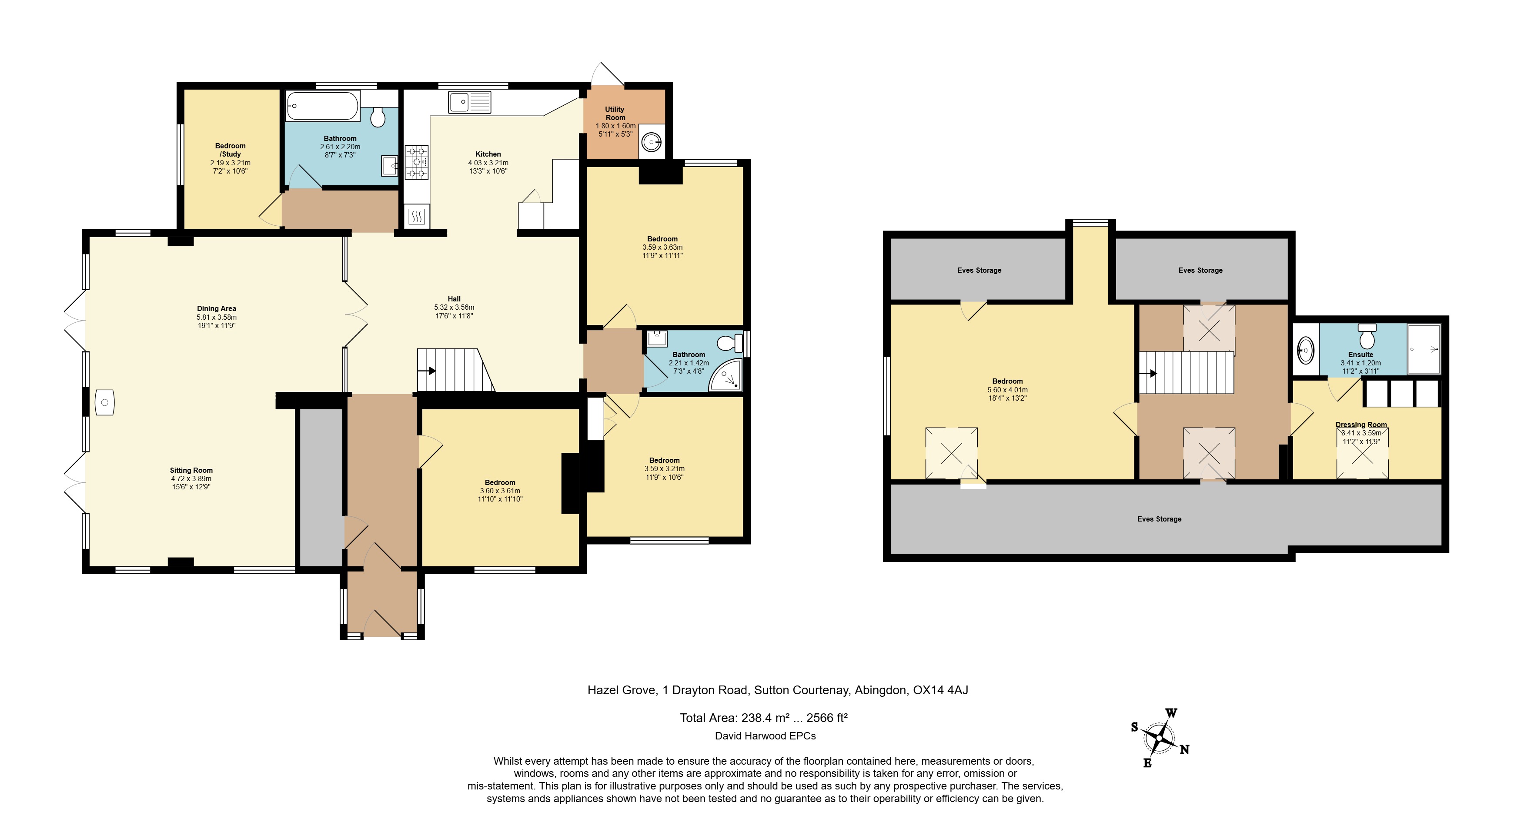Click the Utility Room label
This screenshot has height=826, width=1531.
615,114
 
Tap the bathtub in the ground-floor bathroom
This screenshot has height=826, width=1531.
323,106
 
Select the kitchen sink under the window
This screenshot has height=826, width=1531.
470,102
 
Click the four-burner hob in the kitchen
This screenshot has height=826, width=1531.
417,162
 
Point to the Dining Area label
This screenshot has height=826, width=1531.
216,308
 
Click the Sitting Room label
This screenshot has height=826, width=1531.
191,470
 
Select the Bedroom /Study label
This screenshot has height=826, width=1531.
230,150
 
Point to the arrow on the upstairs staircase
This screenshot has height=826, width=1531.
1148,374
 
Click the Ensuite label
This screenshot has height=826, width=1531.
1361,354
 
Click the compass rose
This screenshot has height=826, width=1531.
1159,739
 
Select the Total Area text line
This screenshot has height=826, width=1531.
764,718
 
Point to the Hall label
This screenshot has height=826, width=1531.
454,299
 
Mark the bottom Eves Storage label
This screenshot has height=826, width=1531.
1159,519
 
